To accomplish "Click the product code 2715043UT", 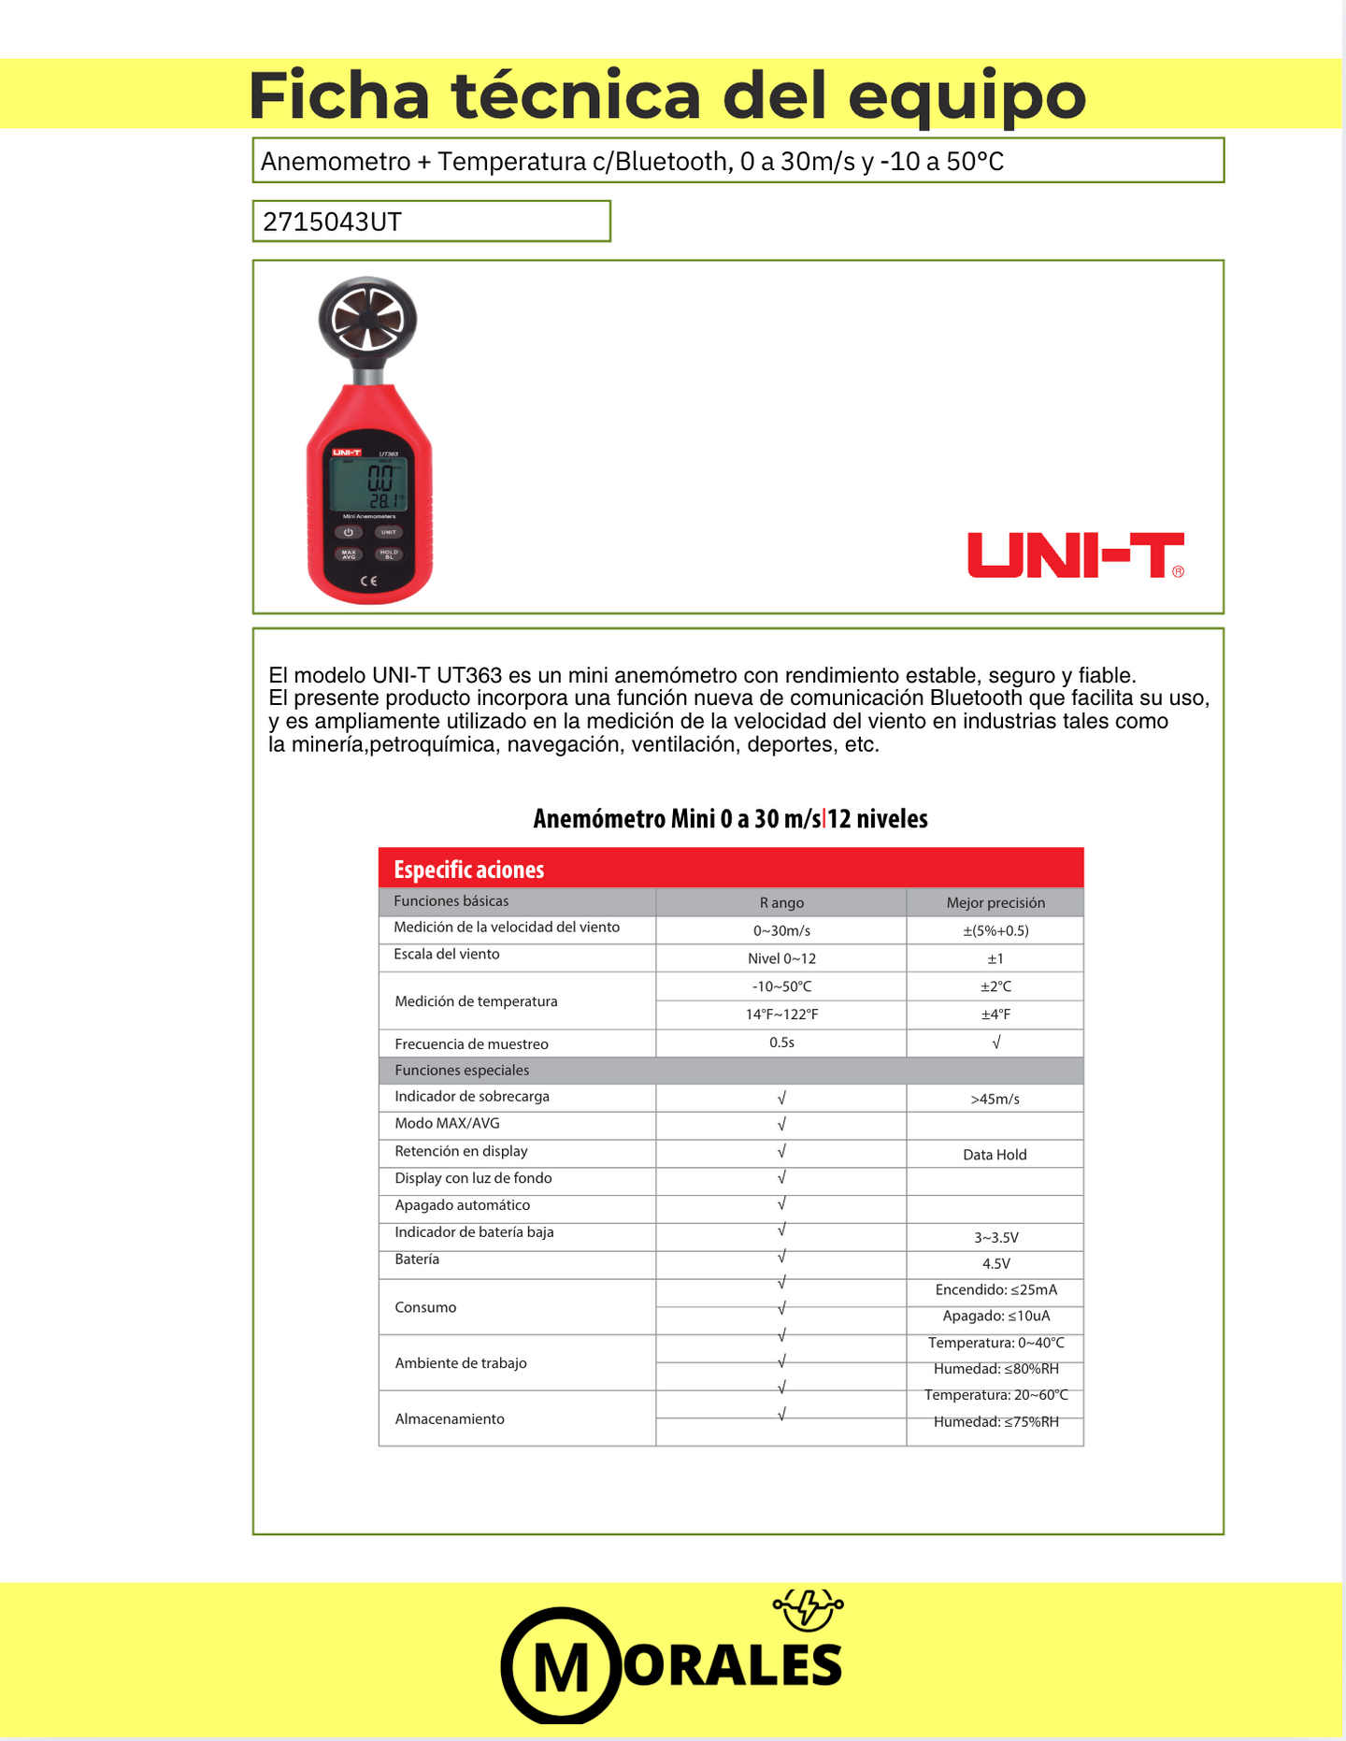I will [x=333, y=222].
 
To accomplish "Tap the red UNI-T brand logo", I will [x=1075, y=555].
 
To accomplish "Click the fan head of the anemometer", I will [x=367, y=319].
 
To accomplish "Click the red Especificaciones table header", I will [x=730, y=869].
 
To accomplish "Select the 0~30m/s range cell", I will [x=781, y=930].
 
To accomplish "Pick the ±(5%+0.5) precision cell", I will [x=995, y=930].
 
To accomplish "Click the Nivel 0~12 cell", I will [x=781, y=958].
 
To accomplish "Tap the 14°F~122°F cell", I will [x=781, y=1014].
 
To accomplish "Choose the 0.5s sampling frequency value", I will [x=781, y=1043].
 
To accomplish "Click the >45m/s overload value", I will [x=995, y=1099].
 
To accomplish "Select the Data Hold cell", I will [x=995, y=1155].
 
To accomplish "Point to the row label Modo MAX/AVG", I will [x=447, y=1123].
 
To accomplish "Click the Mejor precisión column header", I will [x=995, y=902].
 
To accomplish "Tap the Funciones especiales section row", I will [x=462, y=1070].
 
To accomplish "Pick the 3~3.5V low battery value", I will [x=996, y=1237].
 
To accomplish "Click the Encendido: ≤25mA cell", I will [x=996, y=1289].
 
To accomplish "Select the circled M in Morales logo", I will [x=561, y=1667].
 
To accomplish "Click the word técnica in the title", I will [x=576, y=95].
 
